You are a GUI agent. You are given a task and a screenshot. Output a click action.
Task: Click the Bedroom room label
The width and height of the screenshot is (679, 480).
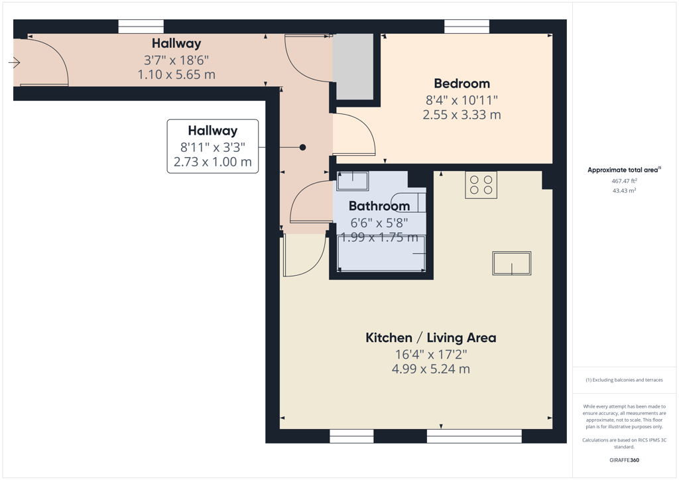(462, 84)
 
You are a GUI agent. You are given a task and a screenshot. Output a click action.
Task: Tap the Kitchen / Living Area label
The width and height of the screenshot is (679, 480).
(431, 337)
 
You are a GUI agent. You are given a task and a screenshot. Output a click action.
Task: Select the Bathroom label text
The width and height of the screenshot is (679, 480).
(379, 206)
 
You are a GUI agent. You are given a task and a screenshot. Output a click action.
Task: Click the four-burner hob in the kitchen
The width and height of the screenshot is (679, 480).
(481, 185)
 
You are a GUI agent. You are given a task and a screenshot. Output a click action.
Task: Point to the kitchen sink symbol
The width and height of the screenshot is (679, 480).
(511, 263)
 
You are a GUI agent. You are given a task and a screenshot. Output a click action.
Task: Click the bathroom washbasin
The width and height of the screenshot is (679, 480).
(353, 181)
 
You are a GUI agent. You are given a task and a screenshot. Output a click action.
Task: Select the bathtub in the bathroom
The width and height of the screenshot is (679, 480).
(381, 253)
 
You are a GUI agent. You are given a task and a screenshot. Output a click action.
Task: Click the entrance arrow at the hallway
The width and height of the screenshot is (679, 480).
(15, 63)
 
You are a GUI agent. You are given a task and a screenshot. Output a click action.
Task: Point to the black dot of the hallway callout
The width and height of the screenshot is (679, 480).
(302, 147)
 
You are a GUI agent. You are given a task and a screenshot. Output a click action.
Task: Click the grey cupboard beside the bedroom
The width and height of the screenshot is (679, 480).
(353, 67)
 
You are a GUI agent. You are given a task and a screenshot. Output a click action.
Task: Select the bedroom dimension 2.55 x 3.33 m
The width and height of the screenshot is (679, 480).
(462, 115)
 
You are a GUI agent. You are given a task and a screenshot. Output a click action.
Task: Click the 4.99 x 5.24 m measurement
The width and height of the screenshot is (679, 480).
(431, 369)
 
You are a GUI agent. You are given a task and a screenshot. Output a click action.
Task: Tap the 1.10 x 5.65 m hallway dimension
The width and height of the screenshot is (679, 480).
(176, 74)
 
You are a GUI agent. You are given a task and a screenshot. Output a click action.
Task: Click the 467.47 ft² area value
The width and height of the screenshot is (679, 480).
(624, 181)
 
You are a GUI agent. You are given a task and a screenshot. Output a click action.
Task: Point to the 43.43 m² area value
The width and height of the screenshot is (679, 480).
(624, 190)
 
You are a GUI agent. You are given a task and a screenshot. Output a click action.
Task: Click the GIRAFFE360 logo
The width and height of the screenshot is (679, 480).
(624, 460)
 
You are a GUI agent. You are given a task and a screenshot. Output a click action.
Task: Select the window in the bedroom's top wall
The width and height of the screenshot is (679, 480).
(467, 27)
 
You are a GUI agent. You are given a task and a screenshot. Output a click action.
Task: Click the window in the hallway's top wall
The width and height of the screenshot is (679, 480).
(141, 27)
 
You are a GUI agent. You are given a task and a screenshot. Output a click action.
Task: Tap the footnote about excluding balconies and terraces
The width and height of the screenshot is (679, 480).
(624, 380)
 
